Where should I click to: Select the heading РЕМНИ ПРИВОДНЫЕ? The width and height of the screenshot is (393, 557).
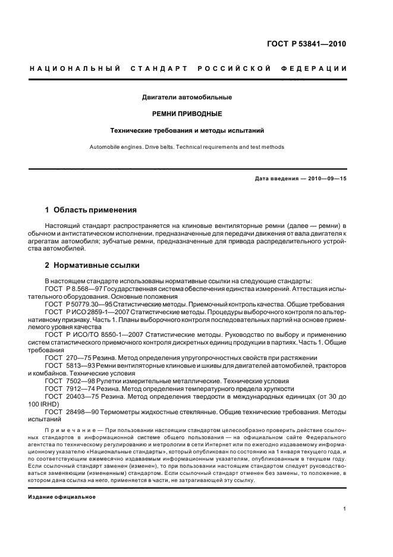coord(187,112)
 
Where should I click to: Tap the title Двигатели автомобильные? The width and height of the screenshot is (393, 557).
coord(187,96)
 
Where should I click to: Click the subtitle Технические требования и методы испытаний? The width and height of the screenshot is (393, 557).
coord(187,129)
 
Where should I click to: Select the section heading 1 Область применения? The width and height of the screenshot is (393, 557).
coord(91,210)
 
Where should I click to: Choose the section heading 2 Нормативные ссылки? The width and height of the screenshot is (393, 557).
coord(92,265)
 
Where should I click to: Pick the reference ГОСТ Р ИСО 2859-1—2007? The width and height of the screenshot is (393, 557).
coord(86,311)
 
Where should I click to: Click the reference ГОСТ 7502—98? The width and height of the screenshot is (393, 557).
coord(68,381)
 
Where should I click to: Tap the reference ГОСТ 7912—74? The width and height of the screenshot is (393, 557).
coord(68,389)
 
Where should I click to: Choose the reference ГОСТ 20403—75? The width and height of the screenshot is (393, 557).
coord(70,396)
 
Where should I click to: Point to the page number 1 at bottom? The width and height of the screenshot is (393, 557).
coord(345,509)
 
